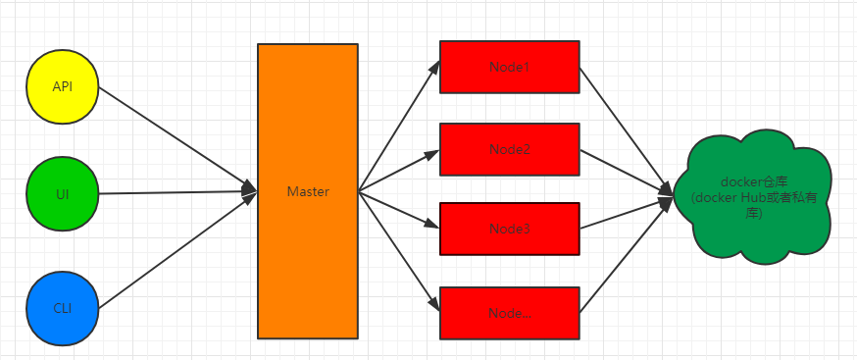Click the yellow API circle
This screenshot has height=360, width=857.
(63, 86)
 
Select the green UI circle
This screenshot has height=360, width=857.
(63, 194)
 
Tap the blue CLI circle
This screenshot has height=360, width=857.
(63, 308)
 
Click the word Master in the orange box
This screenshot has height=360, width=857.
(308, 191)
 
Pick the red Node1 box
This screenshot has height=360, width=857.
(509, 67)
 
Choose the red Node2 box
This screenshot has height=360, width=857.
(509, 149)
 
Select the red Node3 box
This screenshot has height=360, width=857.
(509, 228)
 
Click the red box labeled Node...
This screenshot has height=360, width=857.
(509, 312)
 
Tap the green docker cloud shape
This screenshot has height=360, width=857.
(755, 201)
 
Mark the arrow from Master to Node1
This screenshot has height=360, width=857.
(398, 127)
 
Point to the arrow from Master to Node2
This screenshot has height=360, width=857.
(398, 171)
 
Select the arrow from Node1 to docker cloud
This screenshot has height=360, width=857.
(628, 126)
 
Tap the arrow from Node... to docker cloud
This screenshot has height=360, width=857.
(628, 252)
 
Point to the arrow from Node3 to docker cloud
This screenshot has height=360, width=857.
(628, 216)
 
